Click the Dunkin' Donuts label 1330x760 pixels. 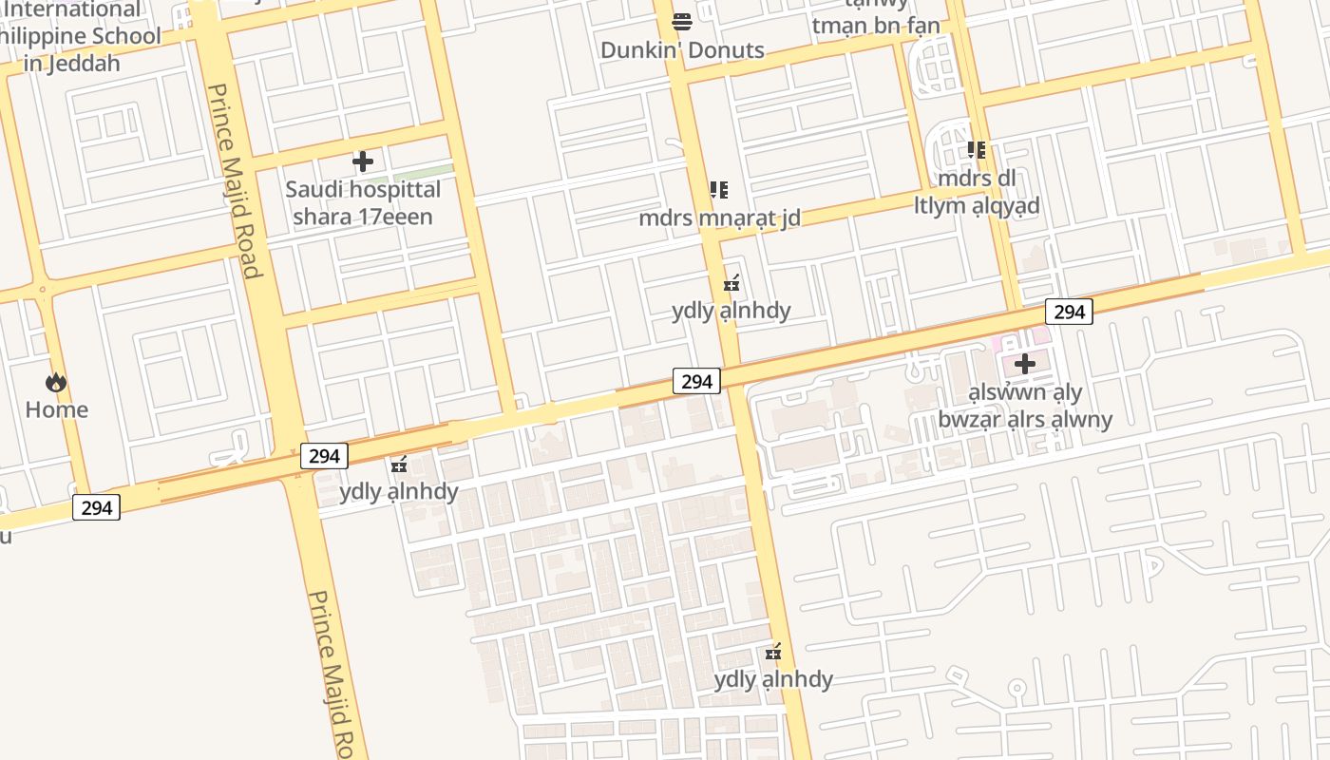point(682,50)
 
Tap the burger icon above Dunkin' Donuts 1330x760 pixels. point(682,21)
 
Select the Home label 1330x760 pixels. point(56,409)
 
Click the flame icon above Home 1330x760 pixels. point(56,382)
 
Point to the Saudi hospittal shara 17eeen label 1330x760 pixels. point(363,202)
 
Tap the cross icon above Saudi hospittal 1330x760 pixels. point(363,161)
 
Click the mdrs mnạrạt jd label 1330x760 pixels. point(719,218)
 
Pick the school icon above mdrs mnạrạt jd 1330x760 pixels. point(719,190)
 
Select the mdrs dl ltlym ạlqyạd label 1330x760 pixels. point(977,192)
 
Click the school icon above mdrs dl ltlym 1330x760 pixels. point(977,150)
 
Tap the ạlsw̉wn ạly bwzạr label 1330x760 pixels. point(1025,406)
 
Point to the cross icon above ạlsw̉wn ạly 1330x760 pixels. point(1025,364)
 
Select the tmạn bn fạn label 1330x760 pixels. point(876,26)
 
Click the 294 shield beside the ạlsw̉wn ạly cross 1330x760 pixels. point(1069,312)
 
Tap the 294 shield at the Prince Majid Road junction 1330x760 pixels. point(324,456)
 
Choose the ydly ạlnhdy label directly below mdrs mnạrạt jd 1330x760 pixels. point(731,311)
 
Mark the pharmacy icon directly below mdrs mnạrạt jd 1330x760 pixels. point(731,283)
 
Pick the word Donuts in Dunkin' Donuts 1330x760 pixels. point(727,50)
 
